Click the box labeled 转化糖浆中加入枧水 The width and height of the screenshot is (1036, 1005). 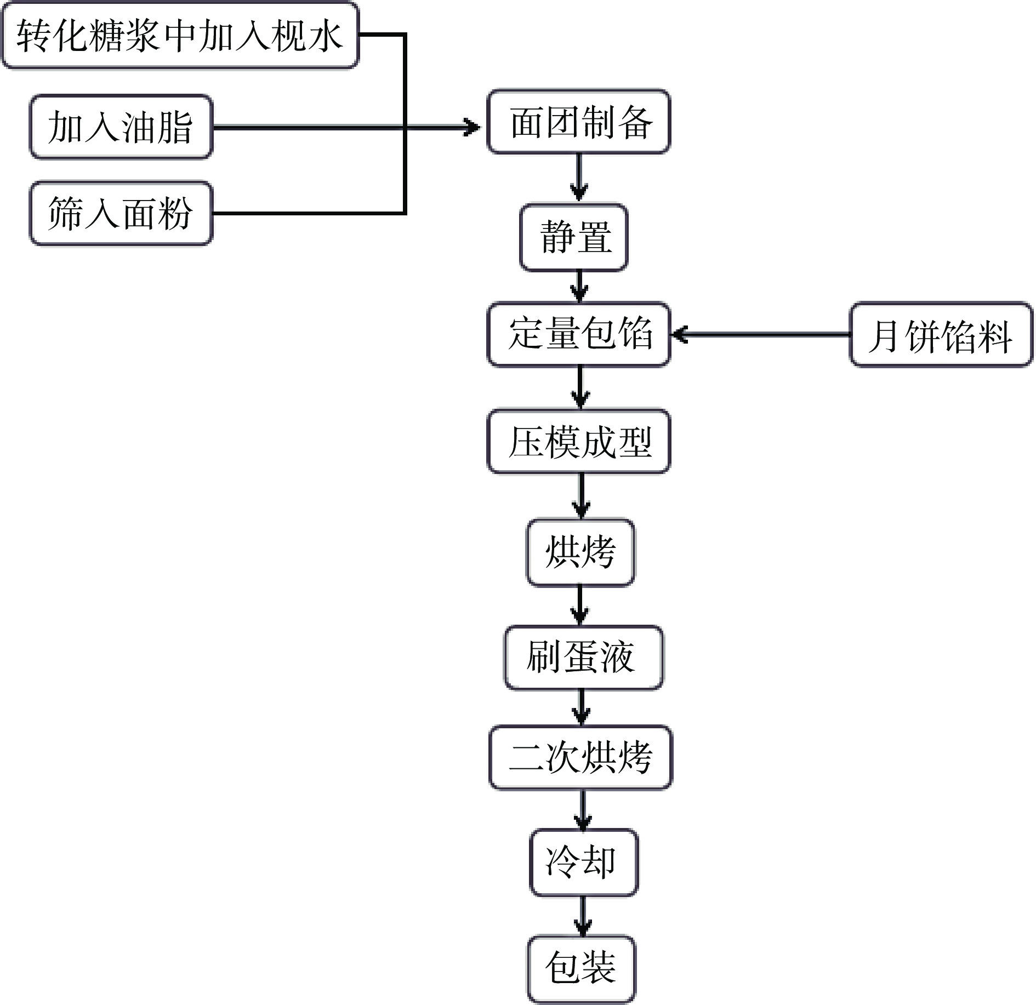click(x=180, y=36)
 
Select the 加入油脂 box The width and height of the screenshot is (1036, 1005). click(x=121, y=127)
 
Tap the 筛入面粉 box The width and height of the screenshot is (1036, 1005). click(x=121, y=213)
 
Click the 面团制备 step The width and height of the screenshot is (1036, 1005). click(x=579, y=122)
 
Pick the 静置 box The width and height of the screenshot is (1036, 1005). click(x=574, y=237)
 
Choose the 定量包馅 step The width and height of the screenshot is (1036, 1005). click(x=579, y=334)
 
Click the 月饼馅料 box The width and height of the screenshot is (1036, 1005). click(x=941, y=335)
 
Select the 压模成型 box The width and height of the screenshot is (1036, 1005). click(x=579, y=442)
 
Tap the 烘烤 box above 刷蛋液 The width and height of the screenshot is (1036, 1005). click(x=580, y=552)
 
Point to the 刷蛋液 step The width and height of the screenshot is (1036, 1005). click(x=583, y=657)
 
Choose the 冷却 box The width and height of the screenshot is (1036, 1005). click(x=583, y=863)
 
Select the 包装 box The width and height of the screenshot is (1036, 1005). click(x=581, y=968)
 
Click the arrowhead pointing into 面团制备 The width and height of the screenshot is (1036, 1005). click(x=471, y=127)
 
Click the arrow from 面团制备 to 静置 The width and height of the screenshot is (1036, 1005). click(x=579, y=179)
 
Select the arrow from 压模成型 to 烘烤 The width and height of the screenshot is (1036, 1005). click(x=581, y=496)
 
